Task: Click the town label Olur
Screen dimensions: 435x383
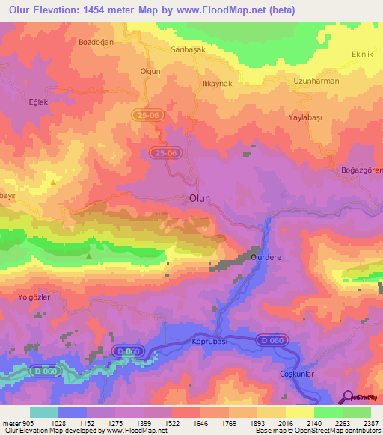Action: (x=198, y=198)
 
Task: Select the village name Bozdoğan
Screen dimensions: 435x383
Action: (x=96, y=42)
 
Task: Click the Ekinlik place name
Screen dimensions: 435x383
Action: (x=362, y=55)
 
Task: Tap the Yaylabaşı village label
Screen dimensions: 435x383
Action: (x=309, y=118)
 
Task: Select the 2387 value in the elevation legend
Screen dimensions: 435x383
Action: (x=371, y=422)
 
